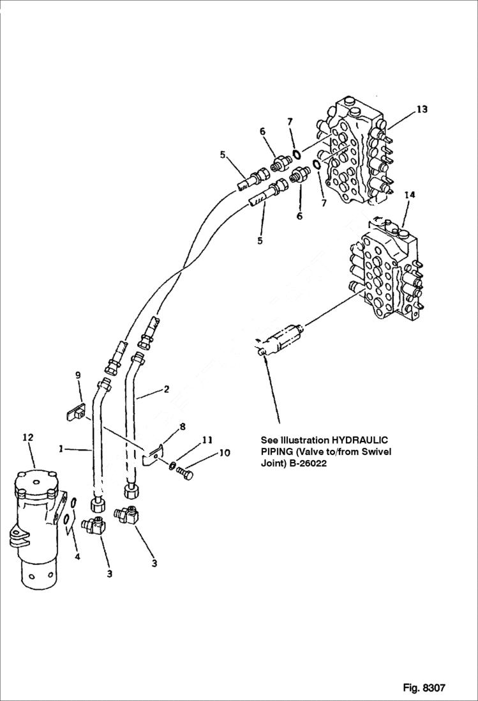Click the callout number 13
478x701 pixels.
[x=422, y=109]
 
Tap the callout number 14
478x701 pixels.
[x=409, y=195]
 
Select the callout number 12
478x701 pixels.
[x=28, y=438]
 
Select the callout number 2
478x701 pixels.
[x=167, y=389]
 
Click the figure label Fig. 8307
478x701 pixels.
[x=424, y=688]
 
